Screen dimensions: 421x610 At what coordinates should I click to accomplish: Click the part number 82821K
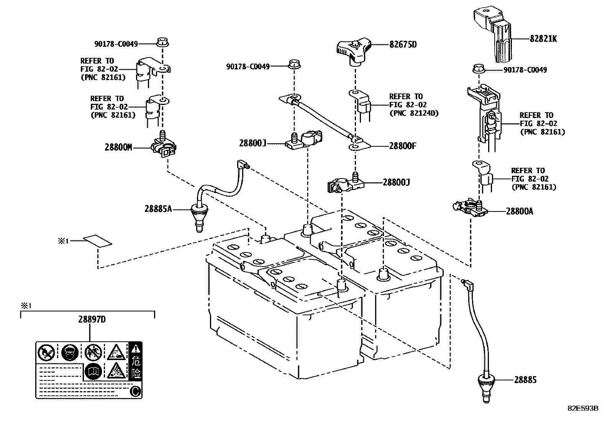pyautogui.click(x=543, y=39)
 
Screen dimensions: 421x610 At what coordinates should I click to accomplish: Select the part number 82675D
pyautogui.click(x=403, y=44)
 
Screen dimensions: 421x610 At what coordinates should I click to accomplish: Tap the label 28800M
pyautogui.click(x=118, y=147)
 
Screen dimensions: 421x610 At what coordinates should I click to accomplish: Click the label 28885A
pyautogui.click(x=158, y=209)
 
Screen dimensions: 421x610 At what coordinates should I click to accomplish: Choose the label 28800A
pyautogui.click(x=519, y=211)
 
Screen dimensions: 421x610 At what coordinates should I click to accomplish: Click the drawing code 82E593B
pyautogui.click(x=583, y=408)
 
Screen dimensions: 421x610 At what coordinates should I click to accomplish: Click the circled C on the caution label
pyautogui.click(x=135, y=391)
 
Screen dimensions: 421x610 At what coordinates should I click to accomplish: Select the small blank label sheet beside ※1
pyautogui.click(x=98, y=241)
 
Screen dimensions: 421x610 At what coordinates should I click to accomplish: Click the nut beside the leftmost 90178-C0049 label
pyautogui.click(x=163, y=42)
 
